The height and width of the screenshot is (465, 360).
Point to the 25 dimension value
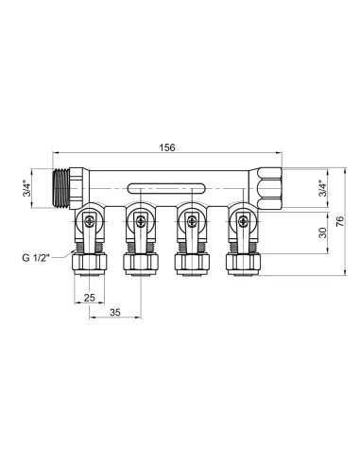[90, 299]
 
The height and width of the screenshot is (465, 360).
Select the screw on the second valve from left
[142, 224]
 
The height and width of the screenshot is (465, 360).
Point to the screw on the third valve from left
[194, 224]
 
